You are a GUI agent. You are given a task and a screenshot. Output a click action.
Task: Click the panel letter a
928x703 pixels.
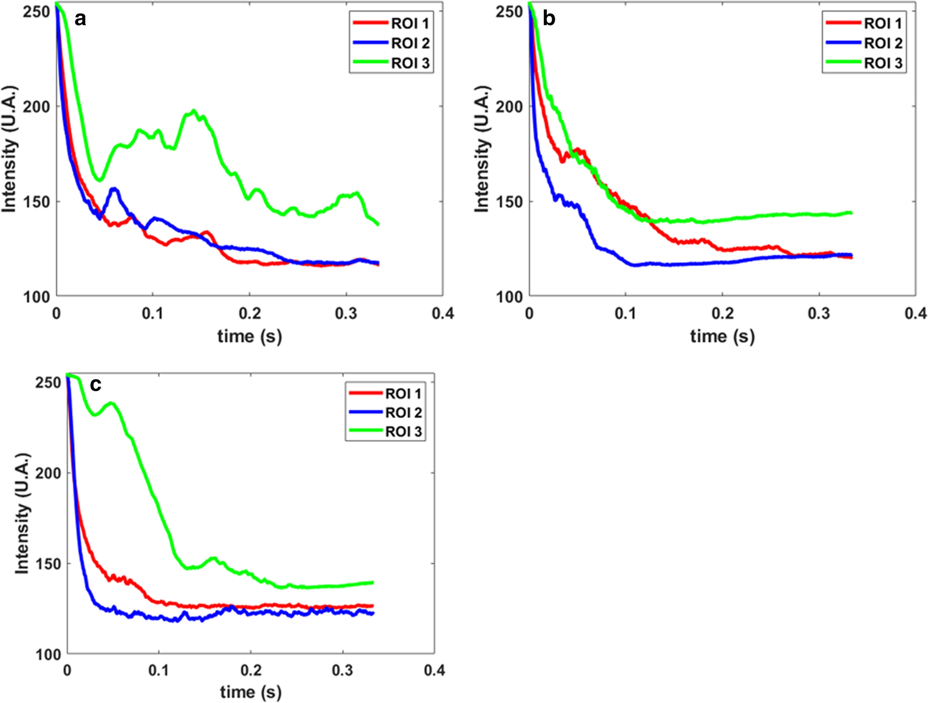(x=80, y=19)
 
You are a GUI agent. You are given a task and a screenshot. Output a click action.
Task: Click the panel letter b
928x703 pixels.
(x=548, y=19)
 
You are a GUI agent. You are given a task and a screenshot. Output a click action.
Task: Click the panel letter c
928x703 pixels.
(x=95, y=385)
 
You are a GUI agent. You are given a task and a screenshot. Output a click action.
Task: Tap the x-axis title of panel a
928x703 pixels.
(x=250, y=336)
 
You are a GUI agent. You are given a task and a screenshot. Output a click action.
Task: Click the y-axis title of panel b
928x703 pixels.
(x=482, y=149)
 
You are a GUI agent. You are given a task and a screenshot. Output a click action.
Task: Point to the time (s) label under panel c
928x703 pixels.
(x=251, y=692)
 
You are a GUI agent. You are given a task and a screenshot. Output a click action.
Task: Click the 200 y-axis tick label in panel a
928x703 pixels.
(x=37, y=107)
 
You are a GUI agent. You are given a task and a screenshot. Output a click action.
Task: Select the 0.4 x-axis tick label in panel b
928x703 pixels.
(x=915, y=313)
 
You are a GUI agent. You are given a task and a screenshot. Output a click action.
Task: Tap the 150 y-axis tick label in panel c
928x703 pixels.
(x=48, y=564)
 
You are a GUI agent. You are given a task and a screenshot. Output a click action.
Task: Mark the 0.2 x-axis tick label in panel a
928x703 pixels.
(x=250, y=313)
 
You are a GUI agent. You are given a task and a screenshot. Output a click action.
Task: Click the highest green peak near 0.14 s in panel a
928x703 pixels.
(x=194, y=111)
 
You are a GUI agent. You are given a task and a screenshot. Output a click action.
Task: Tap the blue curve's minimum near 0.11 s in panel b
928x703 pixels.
(x=636, y=265)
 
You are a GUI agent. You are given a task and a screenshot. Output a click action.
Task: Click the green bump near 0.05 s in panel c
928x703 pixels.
(x=111, y=403)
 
